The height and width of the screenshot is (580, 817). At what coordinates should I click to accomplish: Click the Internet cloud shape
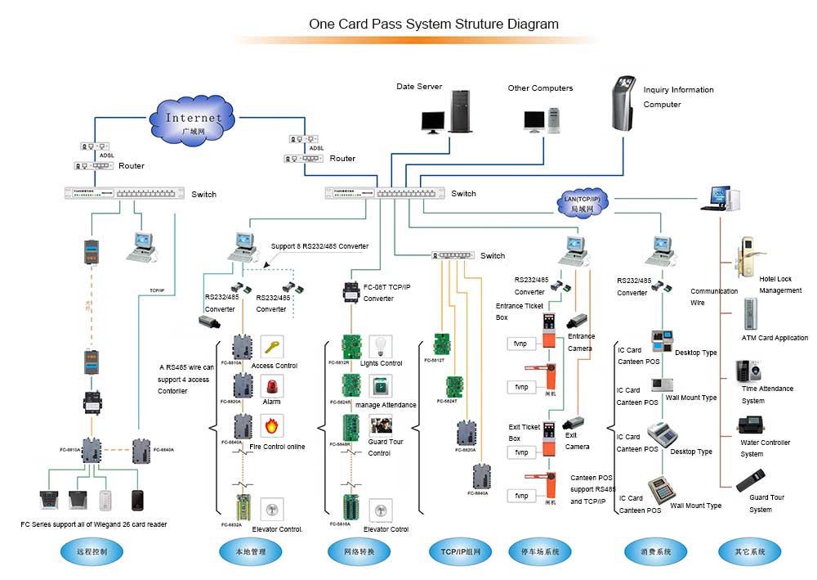[x=193, y=122]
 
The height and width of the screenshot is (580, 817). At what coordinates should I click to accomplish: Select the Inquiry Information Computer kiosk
[x=625, y=103]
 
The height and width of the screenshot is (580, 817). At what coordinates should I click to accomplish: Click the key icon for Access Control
[x=272, y=346]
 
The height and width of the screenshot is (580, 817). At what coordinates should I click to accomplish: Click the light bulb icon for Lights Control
[x=380, y=345]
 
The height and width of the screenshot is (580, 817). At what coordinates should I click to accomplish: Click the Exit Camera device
[x=573, y=423]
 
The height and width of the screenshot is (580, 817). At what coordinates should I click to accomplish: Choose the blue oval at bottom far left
[x=94, y=552]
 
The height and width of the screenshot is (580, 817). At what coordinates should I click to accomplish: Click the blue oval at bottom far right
[x=750, y=552]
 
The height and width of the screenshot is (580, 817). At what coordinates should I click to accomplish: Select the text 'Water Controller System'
[x=765, y=448]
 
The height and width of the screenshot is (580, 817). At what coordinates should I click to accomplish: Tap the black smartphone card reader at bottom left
[x=137, y=500]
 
